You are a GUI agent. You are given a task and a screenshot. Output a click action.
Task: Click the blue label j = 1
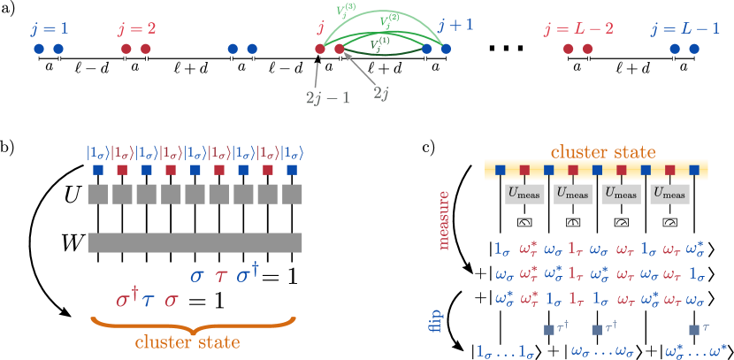50,27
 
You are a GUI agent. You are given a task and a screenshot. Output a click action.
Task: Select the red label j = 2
136,27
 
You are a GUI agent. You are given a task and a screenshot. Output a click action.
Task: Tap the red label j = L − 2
578,27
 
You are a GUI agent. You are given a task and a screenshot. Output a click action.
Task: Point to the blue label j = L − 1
684,27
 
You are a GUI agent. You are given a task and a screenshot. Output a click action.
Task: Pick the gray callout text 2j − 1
327,97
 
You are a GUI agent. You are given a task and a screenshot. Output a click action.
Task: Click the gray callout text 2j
380,93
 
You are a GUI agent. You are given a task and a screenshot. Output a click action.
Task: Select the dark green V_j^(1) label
380,42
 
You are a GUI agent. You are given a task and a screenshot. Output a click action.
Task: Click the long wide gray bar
195,242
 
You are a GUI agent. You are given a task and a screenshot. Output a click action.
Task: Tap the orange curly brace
194,322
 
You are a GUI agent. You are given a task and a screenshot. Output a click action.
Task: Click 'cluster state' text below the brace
187,341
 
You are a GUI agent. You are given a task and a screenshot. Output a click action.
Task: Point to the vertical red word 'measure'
444,219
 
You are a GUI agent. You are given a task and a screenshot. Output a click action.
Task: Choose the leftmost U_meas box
524,194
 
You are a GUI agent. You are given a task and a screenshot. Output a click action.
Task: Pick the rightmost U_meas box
669,194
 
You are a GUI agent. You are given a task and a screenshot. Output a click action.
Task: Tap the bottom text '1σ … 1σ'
505,351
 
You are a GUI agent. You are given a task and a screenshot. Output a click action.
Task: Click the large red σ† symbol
128,298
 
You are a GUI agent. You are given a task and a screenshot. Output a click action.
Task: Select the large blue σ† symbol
248,274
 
